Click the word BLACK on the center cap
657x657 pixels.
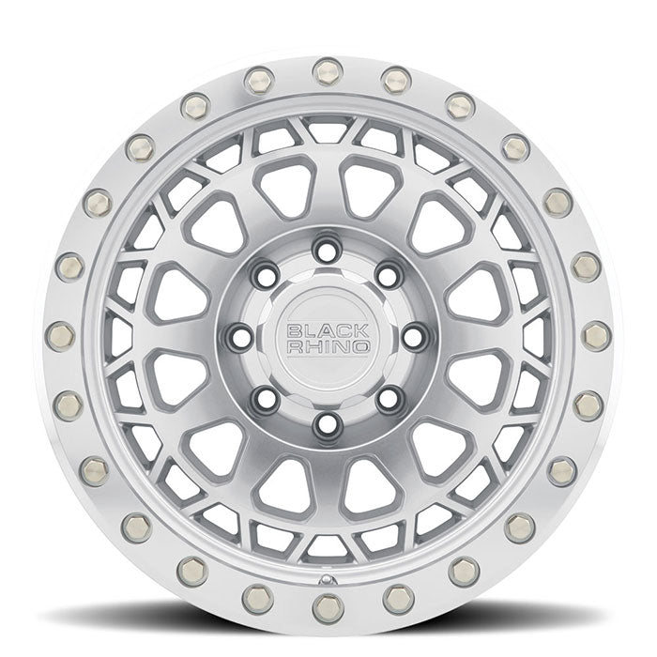click(x=328, y=329)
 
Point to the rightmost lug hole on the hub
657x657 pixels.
click(x=415, y=336)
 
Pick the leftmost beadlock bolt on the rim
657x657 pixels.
click(x=59, y=335)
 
